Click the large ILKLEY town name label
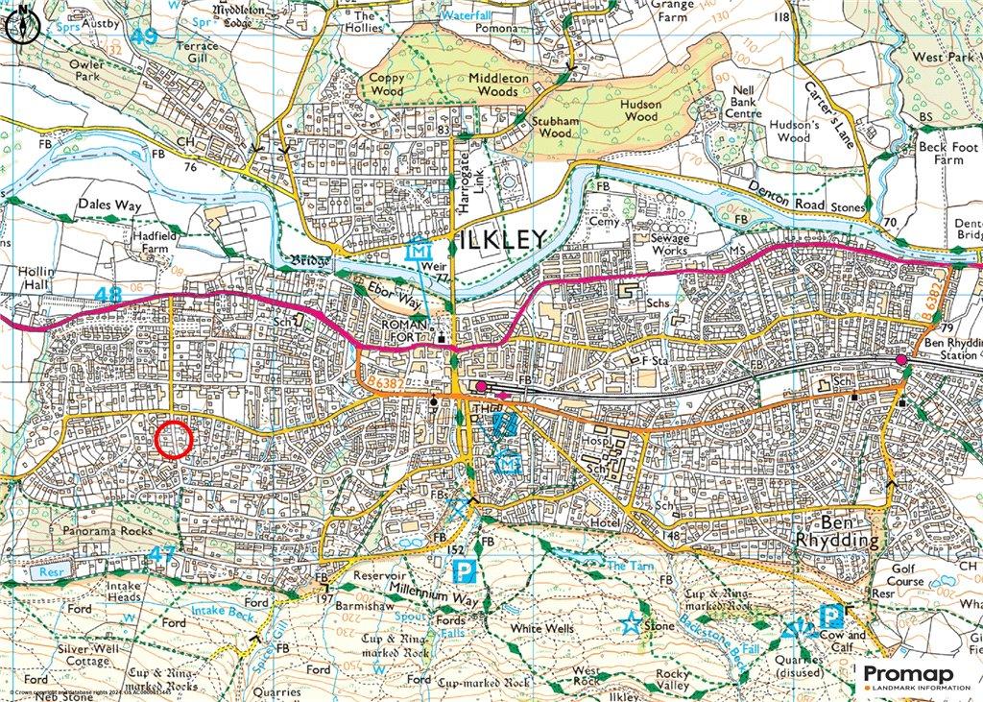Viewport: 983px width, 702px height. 498,239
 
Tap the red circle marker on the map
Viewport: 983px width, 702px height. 174,440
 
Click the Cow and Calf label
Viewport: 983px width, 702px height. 842,641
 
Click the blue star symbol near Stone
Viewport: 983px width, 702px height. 630,623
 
